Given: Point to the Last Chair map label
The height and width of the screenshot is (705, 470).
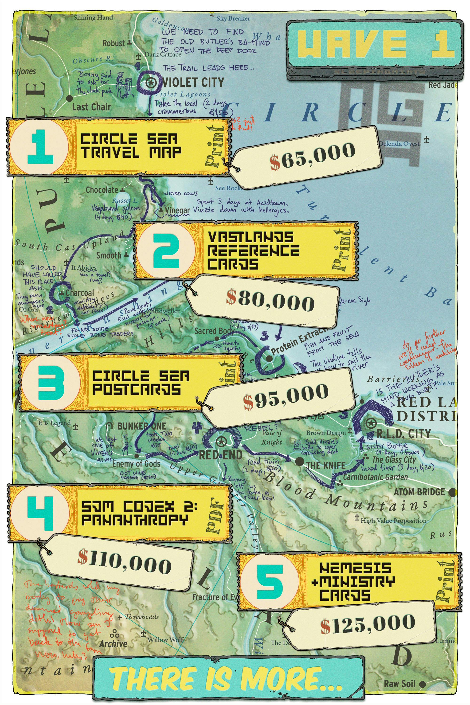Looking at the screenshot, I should (x=91, y=107).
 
